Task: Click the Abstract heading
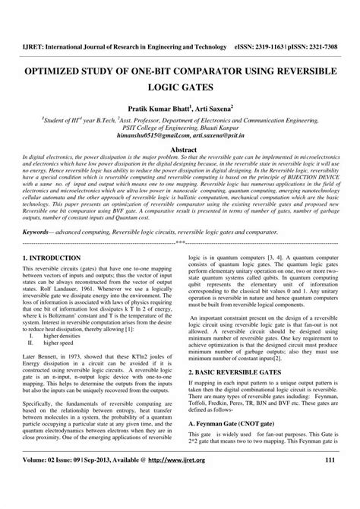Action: (180, 151)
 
